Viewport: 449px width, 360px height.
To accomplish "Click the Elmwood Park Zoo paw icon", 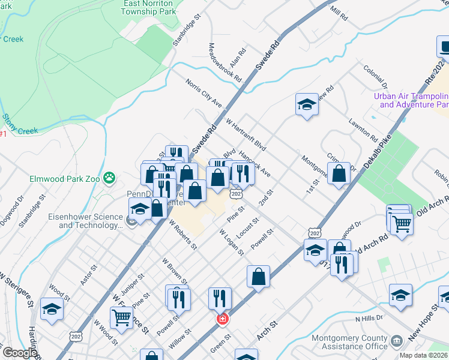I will pos(109,178).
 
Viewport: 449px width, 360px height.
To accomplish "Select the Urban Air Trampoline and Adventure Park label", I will pos(411,100).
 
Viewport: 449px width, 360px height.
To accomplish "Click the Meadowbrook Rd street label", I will pos(225,62).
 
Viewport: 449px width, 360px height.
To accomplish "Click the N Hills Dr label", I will pos(369,319).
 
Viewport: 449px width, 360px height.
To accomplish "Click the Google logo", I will pos(19,353).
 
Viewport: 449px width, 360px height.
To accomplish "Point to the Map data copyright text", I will pos(423,355).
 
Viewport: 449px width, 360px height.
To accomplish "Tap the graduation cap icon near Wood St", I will pos(52,309).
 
